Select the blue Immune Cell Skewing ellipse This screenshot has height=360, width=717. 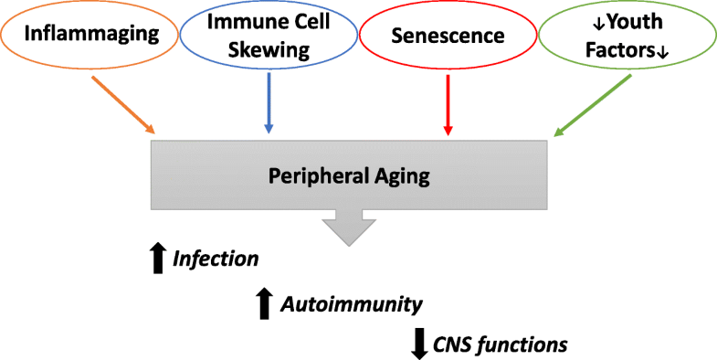pos(269,37)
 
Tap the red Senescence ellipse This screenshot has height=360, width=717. pos(448,37)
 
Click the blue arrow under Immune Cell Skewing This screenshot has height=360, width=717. pos(268,103)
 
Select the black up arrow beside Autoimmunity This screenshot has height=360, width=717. pos(265,302)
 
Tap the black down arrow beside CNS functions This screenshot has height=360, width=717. pos(419,344)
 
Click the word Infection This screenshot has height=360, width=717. pos(216,259)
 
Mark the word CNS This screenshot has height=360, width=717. pos(457,344)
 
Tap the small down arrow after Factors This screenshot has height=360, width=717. pos(664,52)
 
